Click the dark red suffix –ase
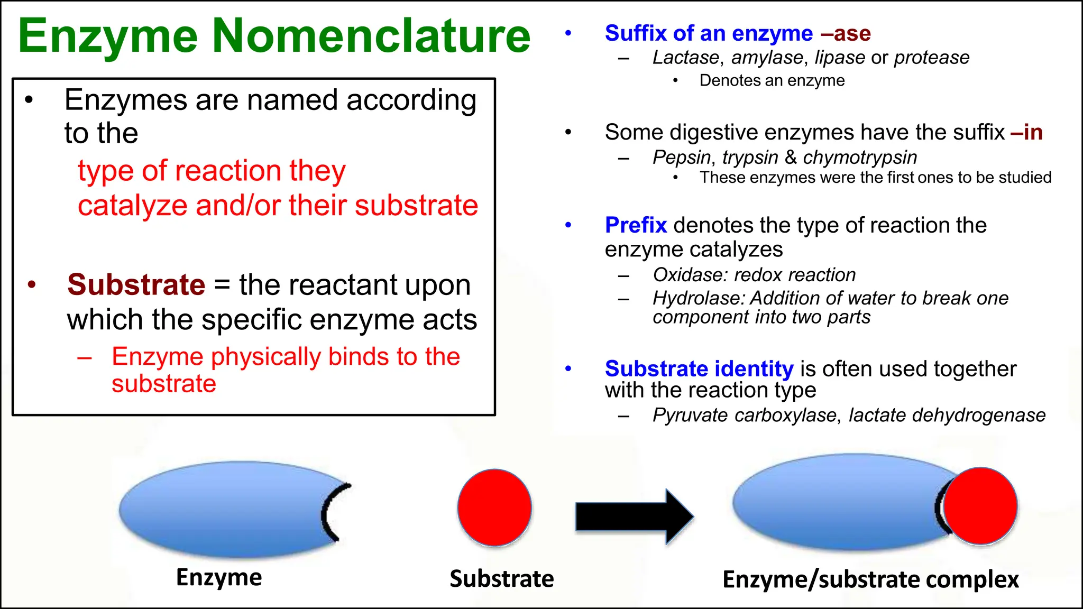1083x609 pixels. point(846,33)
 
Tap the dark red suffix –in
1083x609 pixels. point(1026,132)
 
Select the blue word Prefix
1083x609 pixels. point(636,225)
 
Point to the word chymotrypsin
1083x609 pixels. point(860,158)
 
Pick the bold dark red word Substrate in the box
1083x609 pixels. point(136,285)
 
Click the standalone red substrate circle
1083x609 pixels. point(494,508)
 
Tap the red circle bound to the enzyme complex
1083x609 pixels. point(981,506)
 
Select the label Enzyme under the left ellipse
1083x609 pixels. point(219,577)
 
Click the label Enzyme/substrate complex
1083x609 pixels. point(870,580)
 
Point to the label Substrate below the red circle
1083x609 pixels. point(501,579)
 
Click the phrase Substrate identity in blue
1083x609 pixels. point(699,369)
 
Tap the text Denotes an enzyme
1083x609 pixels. point(772,81)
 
